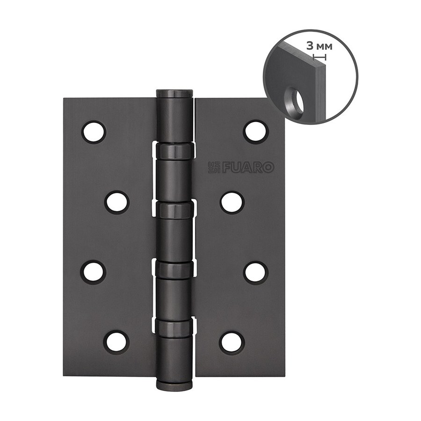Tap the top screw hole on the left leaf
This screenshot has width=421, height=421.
coord(94,132)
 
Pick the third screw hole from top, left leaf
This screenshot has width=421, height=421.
coord(94,272)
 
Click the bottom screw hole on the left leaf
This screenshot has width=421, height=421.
coord(117,342)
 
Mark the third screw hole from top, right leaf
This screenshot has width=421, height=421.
coord(256,272)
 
